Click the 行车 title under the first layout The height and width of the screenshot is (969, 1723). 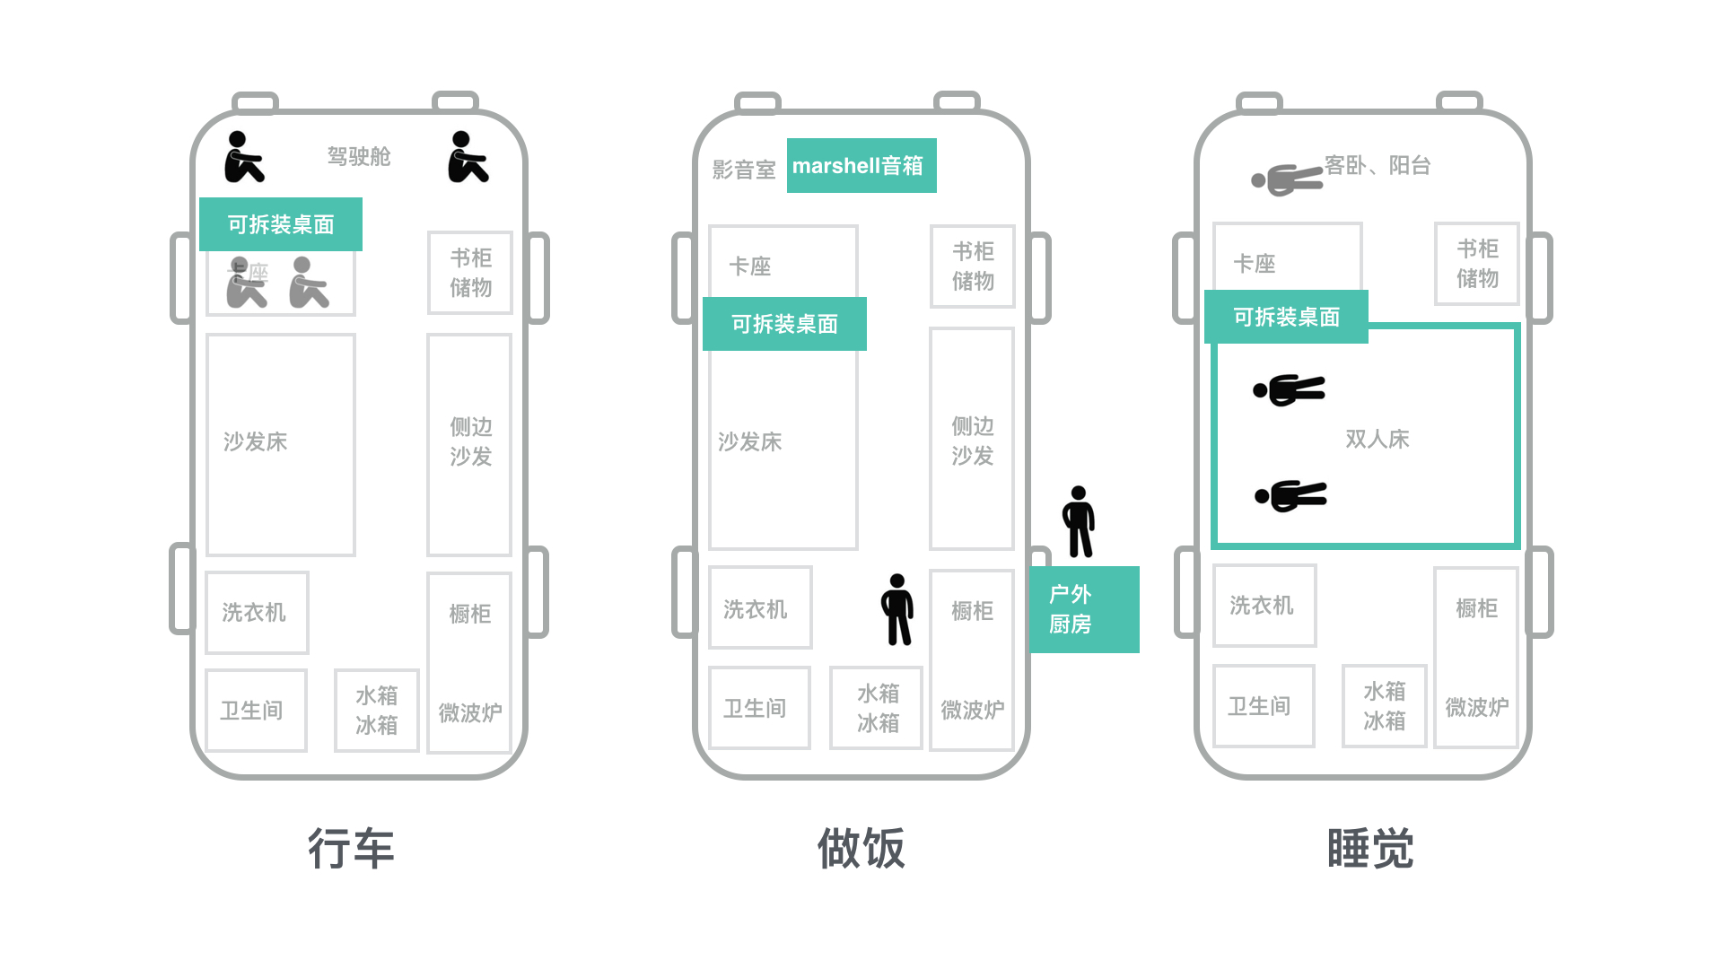coord(351,848)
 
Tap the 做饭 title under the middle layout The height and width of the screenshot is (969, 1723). coord(861,848)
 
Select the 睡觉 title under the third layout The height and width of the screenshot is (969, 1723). coord(1370,848)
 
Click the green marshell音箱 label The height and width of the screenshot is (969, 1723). coord(861,166)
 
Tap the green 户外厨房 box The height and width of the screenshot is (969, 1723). coord(1084,609)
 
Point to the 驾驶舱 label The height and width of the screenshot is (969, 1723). coord(359,157)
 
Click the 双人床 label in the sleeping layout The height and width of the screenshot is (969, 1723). coord(1377,439)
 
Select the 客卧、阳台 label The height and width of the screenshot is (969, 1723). coord(1377,166)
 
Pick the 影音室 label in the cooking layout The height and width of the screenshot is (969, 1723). coord(743,170)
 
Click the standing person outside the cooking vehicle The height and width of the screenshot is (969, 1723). coord(1079,522)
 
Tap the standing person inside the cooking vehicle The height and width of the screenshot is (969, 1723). coord(897,610)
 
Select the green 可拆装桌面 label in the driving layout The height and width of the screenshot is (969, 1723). coord(281,224)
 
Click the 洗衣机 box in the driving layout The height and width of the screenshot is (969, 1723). coord(257,613)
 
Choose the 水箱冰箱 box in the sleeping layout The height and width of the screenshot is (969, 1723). coord(1384,706)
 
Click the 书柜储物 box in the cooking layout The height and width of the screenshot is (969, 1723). coord(973,266)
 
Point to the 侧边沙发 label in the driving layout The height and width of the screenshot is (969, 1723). coord(470,441)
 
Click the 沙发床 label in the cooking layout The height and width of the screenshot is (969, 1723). coord(749,441)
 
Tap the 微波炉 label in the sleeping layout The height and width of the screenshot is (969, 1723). coord(1476,708)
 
